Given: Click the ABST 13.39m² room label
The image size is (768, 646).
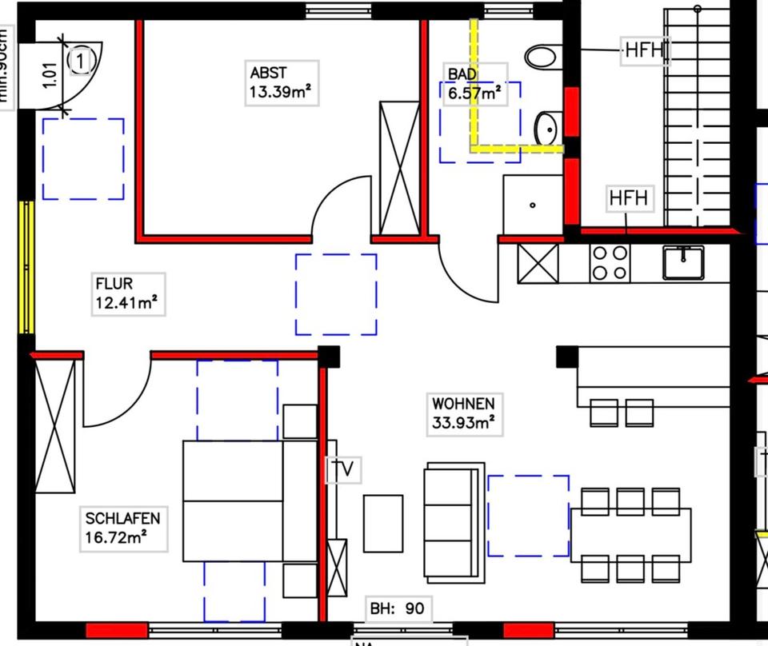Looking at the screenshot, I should tap(279, 82).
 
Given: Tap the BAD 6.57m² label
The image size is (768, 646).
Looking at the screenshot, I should tap(474, 83).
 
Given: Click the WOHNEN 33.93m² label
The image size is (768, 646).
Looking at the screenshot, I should tap(463, 413).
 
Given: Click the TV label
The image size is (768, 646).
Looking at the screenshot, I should tap(342, 469).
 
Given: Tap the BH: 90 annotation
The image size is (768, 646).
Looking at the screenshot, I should tap(397, 608).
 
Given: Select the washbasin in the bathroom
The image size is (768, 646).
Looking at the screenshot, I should tap(547, 128).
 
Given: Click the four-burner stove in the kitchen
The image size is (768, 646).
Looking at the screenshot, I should tap(610, 263).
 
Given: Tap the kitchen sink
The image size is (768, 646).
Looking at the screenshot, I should tap(683, 262).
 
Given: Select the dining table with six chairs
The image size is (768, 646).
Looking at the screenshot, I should tap(630, 534).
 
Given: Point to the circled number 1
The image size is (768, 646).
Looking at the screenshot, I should tap(82, 59).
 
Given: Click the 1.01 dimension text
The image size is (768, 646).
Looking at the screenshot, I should tap(50, 81).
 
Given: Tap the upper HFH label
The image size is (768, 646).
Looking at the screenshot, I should tap(644, 50).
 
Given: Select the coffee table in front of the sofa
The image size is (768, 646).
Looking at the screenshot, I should tap(383, 523).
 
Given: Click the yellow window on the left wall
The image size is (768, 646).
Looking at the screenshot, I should tap(27, 267).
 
